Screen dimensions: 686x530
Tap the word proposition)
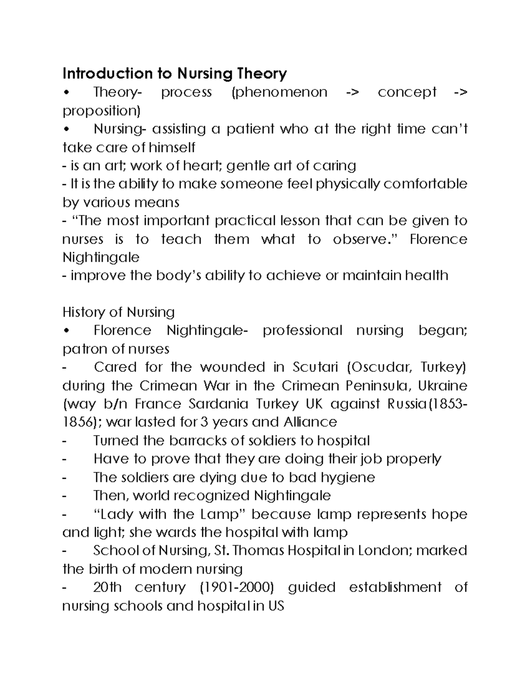click(101, 110)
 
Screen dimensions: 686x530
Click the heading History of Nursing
click(118, 312)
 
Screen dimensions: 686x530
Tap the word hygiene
click(348, 477)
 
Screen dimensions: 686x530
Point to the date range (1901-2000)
click(237, 587)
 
